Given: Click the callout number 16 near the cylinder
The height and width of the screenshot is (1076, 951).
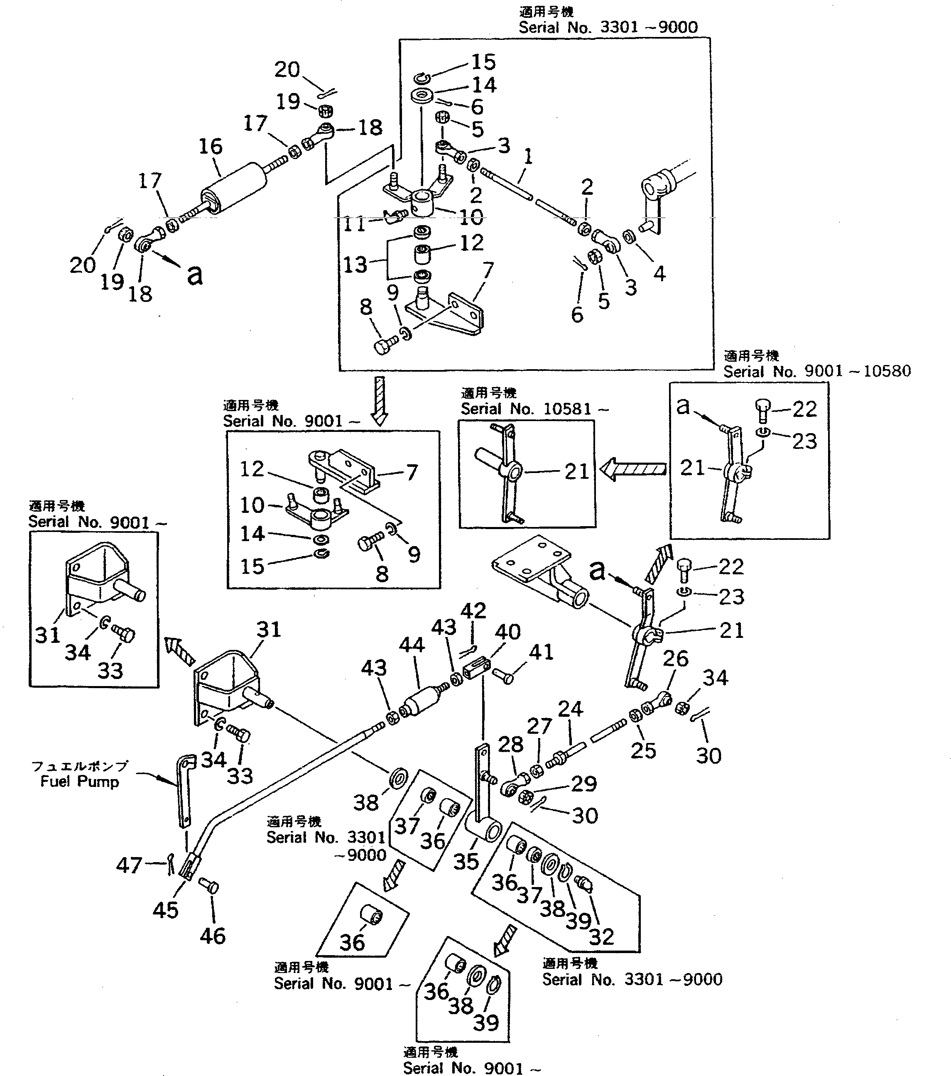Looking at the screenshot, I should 211,146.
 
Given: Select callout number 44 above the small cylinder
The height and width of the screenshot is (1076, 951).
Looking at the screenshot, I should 412,645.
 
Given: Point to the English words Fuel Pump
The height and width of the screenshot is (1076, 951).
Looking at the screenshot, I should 79,781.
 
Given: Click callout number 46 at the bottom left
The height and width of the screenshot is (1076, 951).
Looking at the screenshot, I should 213,936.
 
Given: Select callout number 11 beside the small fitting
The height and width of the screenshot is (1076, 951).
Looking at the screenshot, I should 355,225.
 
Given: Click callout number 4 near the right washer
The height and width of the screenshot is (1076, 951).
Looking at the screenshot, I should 659,273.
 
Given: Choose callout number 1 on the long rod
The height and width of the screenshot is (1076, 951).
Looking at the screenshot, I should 528,156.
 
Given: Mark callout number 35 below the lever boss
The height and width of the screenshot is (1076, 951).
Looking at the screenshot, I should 466,862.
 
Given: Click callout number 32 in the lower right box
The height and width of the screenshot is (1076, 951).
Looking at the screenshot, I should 602,937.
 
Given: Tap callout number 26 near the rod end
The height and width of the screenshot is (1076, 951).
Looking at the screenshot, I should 676,659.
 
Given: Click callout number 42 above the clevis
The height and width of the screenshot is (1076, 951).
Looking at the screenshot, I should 473,610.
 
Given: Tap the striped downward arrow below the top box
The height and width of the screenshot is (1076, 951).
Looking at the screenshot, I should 380,400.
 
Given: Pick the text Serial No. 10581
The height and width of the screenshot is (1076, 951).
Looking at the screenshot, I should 534,409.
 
